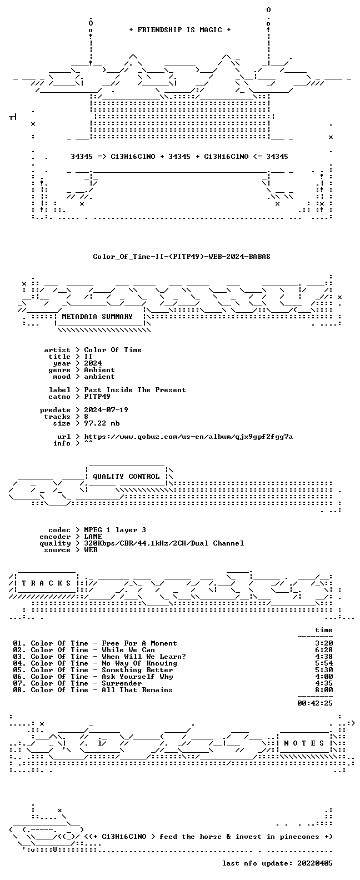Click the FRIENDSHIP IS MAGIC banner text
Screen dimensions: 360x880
pyautogui.click(x=180, y=30)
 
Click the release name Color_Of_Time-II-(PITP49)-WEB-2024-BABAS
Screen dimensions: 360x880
pyautogui.click(x=182, y=257)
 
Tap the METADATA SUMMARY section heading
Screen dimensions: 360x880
pyautogui.click(x=97, y=317)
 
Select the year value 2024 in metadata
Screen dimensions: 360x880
pyautogui.click(x=93, y=363)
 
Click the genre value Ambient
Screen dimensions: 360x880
pyautogui.click(x=99, y=370)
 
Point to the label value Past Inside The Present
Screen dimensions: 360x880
pyautogui.click(x=135, y=390)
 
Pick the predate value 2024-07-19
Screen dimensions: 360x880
pyautogui.click(x=106, y=410)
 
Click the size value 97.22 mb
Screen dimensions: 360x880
pyautogui.click(x=102, y=423)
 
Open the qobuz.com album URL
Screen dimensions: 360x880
pyautogui.click(x=188, y=437)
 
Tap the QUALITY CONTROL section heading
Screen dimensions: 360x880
pyautogui.click(x=126, y=477)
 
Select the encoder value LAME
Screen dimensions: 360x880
pyautogui.click(x=93, y=537)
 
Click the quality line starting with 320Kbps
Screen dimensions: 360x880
pyautogui.click(x=164, y=543)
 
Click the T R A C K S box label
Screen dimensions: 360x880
pyautogui.click(x=46, y=583)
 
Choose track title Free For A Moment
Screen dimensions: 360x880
pyautogui.click(x=139, y=643)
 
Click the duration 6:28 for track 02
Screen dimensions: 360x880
pyautogui.click(x=324, y=650)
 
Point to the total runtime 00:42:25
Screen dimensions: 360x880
pyautogui.click(x=315, y=703)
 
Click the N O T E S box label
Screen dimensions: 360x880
pyautogui.click(x=304, y=743)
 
